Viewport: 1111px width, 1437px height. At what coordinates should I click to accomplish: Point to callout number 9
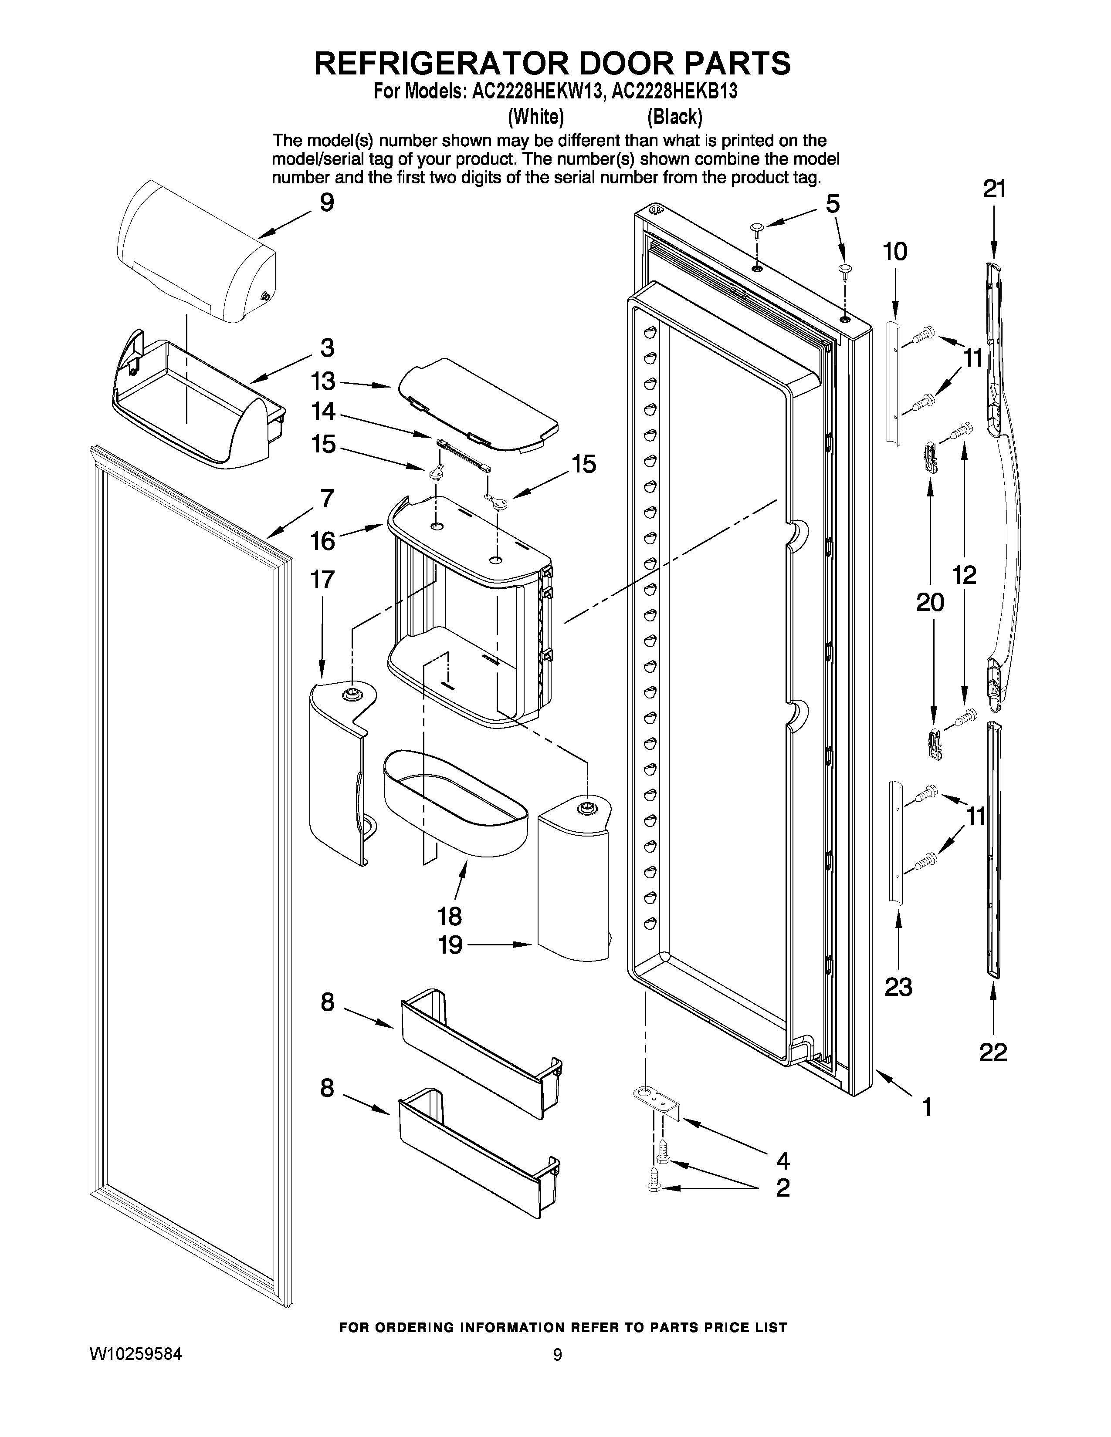tap(326, 202)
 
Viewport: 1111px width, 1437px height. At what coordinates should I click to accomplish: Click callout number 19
tap(451, 945)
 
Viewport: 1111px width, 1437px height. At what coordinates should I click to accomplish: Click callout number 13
tap(323, 381)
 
